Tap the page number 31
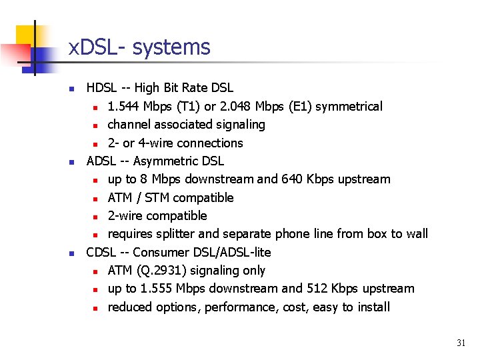click(x=461, y=343)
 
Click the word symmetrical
click(x=352, y=107)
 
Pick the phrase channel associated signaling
click(x=186, y=125)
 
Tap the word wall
click(x=415, y=234)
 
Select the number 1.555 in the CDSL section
click(x=172, y=289)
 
